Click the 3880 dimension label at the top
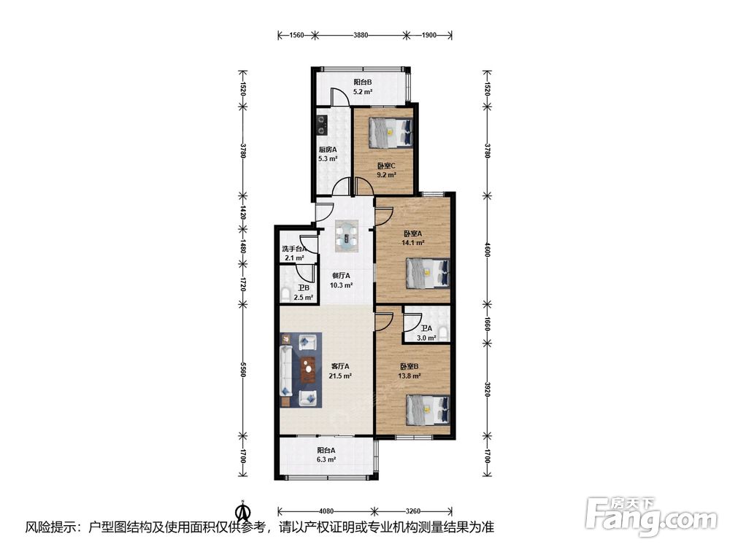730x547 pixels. pyautogui.click(x=361, y=35)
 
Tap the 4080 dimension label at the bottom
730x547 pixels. pyautogui.click(x=326, y=511)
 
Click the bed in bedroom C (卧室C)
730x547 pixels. pyautogui.click(x=391, y=133)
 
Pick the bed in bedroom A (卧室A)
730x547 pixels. pyautogui.click(x=428, y=273)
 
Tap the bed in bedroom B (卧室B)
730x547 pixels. pyautogui.click(x=428, y=410)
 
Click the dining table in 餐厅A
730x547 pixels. pyautogui.click(x=347, y=236)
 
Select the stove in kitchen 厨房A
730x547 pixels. pyautogui.click(x=322, y=125)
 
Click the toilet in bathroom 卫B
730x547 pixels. pyautogui.click(x=285, y=294)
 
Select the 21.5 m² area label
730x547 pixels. pyautogui.click(x=340, y=376)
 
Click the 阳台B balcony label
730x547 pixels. pyautogui.click(x=362, y=83)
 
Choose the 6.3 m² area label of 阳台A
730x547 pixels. pyautogui.click(x=326, y=459)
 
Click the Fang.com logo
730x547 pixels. pyautogui.click(x=651, y=516)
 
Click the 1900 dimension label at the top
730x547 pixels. pyautogui.click(x=429, y=35)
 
